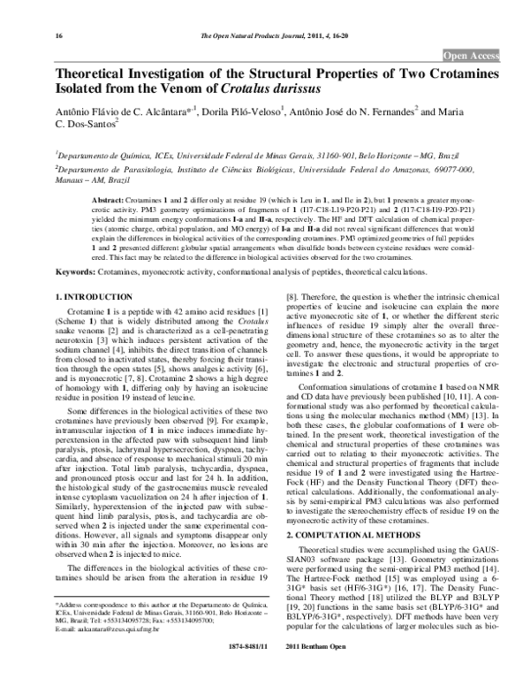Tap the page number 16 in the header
point(59,36)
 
